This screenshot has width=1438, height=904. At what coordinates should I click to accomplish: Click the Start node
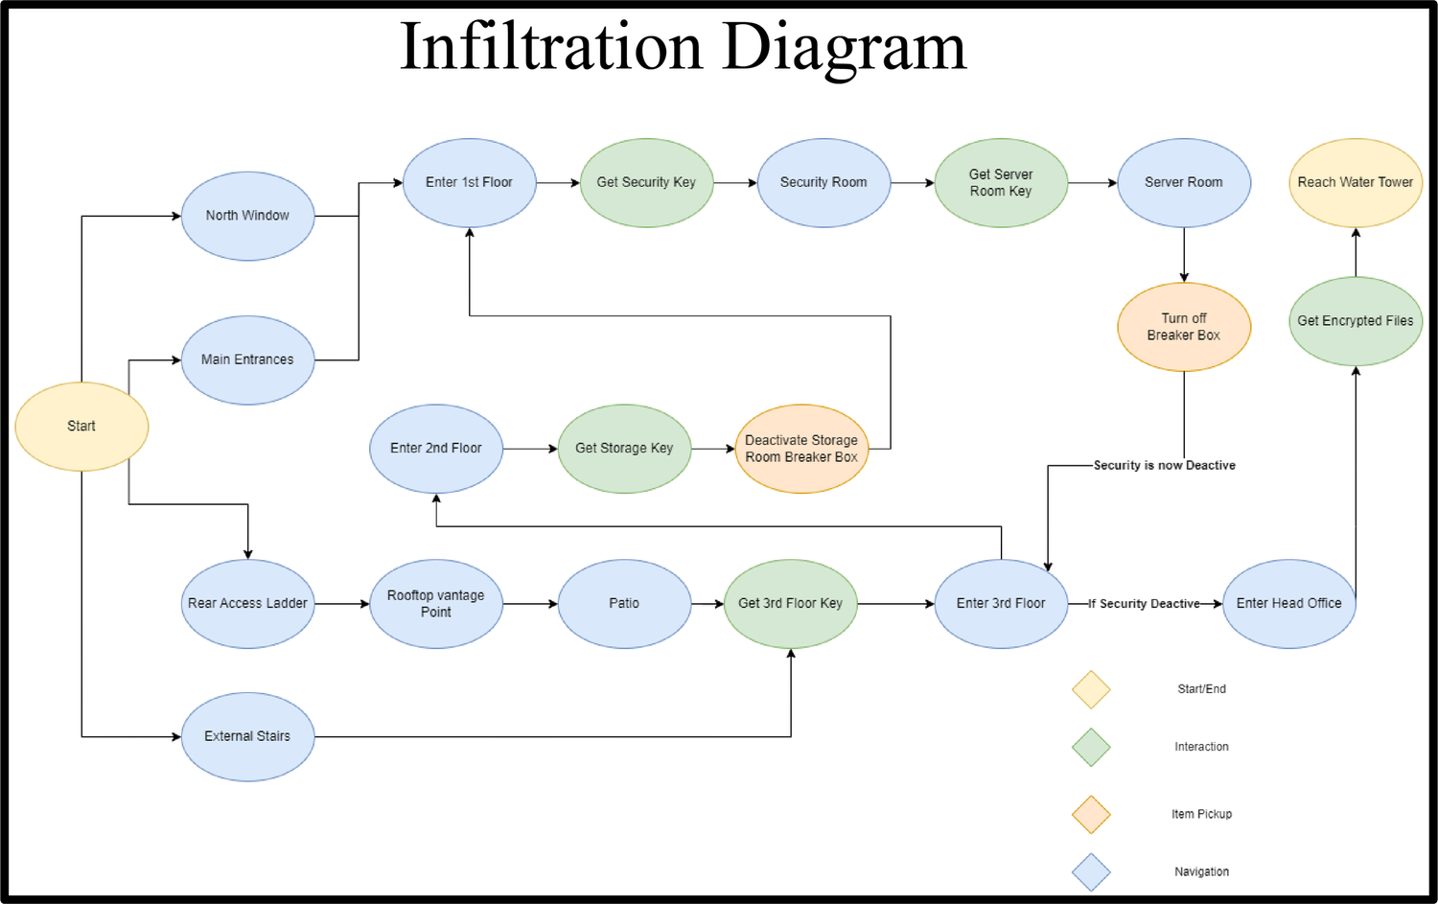[81, 427]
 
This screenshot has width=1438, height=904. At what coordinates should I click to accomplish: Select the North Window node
[247, 216]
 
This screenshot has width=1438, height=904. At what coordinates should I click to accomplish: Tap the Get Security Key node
[646, 182]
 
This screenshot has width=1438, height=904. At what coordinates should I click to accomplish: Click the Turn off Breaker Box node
[1184, 327]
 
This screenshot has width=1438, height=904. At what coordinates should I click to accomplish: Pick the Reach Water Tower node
[1356, 182]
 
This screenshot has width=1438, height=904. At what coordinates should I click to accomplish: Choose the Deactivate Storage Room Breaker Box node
[801, 448]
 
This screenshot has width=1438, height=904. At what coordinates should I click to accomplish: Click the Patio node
[624, 604]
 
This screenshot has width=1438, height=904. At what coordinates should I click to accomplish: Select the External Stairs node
[247, 736]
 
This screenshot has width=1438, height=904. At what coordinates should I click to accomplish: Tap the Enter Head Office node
[1289, 604]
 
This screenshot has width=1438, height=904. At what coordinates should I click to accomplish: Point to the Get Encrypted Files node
[1356, 321]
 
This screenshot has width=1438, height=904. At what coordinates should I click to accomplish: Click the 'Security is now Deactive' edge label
[1165, 466]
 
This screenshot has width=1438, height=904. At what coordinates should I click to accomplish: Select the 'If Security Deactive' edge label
[1144, 604]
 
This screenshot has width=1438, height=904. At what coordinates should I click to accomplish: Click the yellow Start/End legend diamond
[1091, 689]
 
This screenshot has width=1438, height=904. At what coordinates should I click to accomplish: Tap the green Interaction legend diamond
[1091, 748]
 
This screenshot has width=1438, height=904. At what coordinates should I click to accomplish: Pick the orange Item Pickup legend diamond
[1091, 814]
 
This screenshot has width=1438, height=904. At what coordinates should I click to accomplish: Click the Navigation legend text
[1202, 872]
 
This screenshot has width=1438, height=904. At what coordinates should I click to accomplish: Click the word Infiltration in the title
[551, 46]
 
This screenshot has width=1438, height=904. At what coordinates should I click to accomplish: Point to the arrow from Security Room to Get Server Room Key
[913, 183]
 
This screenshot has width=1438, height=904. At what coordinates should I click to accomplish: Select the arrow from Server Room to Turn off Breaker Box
[1184, 255]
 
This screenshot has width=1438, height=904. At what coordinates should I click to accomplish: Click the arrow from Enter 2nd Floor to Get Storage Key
[530, 449]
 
